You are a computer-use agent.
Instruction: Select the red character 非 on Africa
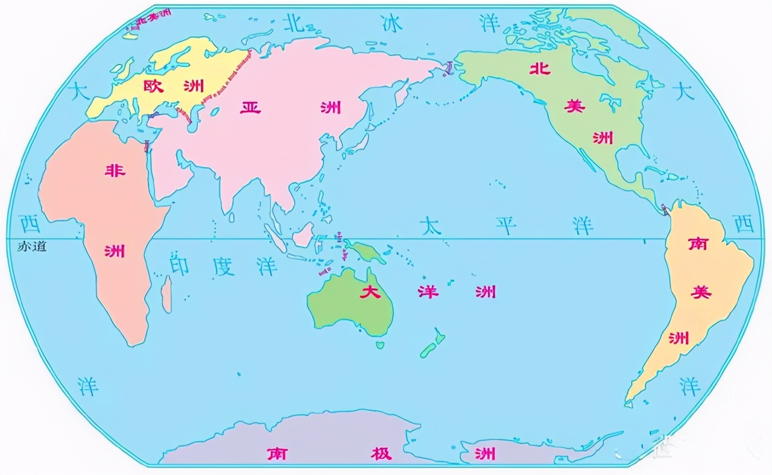point(115,171)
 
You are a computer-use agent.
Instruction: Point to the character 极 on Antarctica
point(381,453)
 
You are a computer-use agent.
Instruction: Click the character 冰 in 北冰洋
point(391,23)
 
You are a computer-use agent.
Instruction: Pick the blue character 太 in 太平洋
point(431,226)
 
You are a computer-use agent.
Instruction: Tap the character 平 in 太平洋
point(506,226)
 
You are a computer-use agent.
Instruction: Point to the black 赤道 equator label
point(32,246)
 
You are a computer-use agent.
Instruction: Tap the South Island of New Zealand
point(429,350)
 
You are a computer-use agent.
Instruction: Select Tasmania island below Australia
point(380,345)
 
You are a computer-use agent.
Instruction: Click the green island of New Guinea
point(368,252)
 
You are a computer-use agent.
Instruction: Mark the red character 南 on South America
point(698,244)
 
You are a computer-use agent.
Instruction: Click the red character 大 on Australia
point(370,293)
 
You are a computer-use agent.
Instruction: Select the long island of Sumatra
point(275,238)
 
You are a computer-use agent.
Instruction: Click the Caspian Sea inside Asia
point(193,118)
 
